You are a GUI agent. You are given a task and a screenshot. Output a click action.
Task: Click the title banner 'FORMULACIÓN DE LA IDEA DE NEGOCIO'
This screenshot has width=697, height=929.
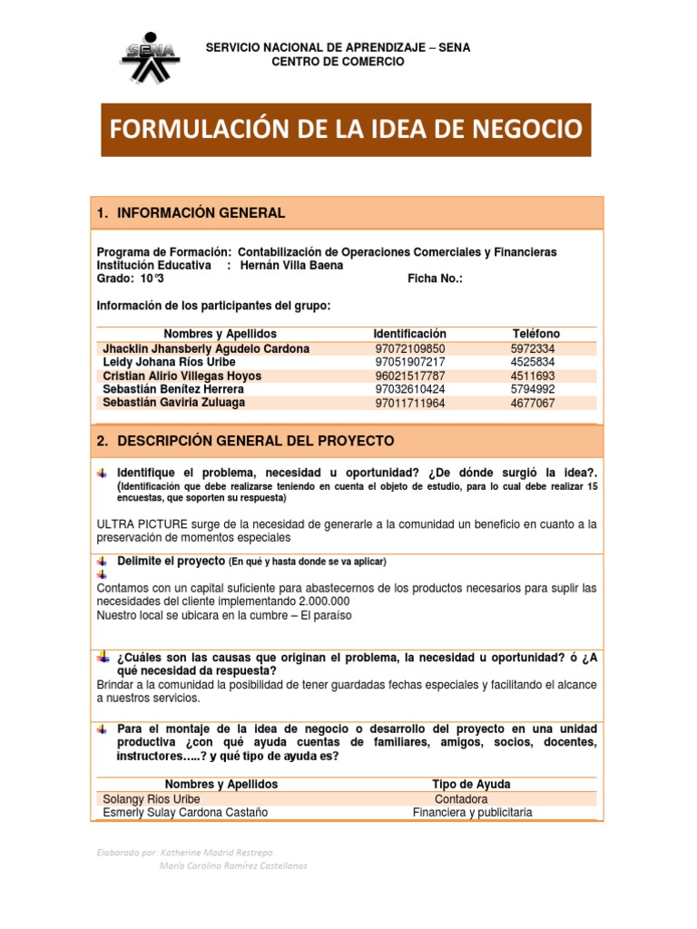click(x=346, y=130)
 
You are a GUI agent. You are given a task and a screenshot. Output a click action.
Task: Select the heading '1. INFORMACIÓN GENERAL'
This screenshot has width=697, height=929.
click(x=191, y=213)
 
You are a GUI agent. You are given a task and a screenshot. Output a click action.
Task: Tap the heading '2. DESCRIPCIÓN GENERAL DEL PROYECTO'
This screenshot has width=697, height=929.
click(x=245, y=441)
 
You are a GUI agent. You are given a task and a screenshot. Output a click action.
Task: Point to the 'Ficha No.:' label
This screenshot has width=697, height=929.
click(x=436, y=279)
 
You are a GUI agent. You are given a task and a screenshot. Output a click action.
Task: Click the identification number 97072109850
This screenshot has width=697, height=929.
click(x=410, y=348)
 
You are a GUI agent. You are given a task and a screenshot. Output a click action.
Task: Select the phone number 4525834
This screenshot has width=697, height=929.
click(x=533, y=362)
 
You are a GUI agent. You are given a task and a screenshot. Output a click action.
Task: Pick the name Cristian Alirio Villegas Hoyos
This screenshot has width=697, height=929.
click(x=182, y=376)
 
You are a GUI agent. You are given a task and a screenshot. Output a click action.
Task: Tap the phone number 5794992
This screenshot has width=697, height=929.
click(x=533, y=389)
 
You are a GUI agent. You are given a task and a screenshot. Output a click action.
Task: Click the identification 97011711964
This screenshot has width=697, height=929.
click(x=410, y=403)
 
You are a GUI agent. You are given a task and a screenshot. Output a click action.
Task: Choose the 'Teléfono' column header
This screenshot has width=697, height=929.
click(x=535, y=334)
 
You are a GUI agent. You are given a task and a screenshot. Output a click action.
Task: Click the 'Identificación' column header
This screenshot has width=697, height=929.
click(x=409, y=334)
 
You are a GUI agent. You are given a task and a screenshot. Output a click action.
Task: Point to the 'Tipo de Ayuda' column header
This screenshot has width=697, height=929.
click(x=471, y=784)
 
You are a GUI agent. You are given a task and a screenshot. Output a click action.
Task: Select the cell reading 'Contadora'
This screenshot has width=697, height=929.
click(x=461, y=799)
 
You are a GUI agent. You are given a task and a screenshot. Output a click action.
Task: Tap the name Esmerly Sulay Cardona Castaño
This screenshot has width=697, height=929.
click(x=186, y=813)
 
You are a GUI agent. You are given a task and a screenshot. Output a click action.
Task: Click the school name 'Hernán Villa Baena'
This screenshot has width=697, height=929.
click(x=291, y=266)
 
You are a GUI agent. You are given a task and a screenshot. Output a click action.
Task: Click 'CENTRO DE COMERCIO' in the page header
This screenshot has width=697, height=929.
click(x=339, y=62)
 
